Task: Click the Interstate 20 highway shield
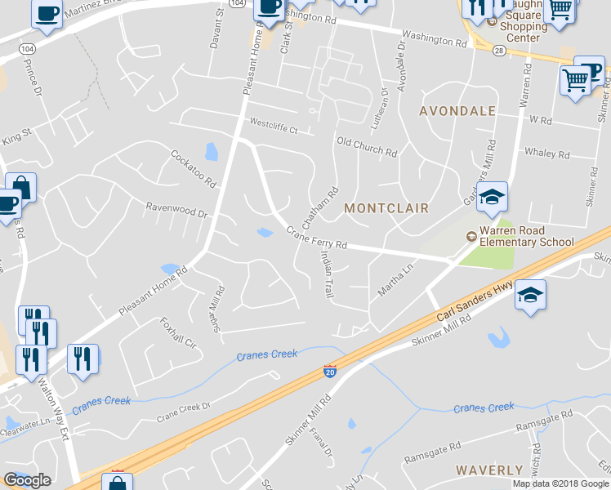tap(330, 372)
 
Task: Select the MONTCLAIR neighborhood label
tap(386, 208)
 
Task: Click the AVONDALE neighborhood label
tap(457, 110)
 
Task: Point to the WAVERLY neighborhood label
tap(489, 470)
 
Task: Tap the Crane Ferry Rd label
tap(317, 239)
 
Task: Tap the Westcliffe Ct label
tap(274, 127)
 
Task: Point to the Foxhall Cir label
tap(180, 333)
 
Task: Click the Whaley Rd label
tap(546, 153)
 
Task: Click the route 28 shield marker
tap(498, 50)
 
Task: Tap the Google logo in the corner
tap(27, 479)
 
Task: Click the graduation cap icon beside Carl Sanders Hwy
tap(529, 295)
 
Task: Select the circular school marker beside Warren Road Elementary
tap(471, 237)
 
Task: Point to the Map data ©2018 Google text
tap(560, 483)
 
